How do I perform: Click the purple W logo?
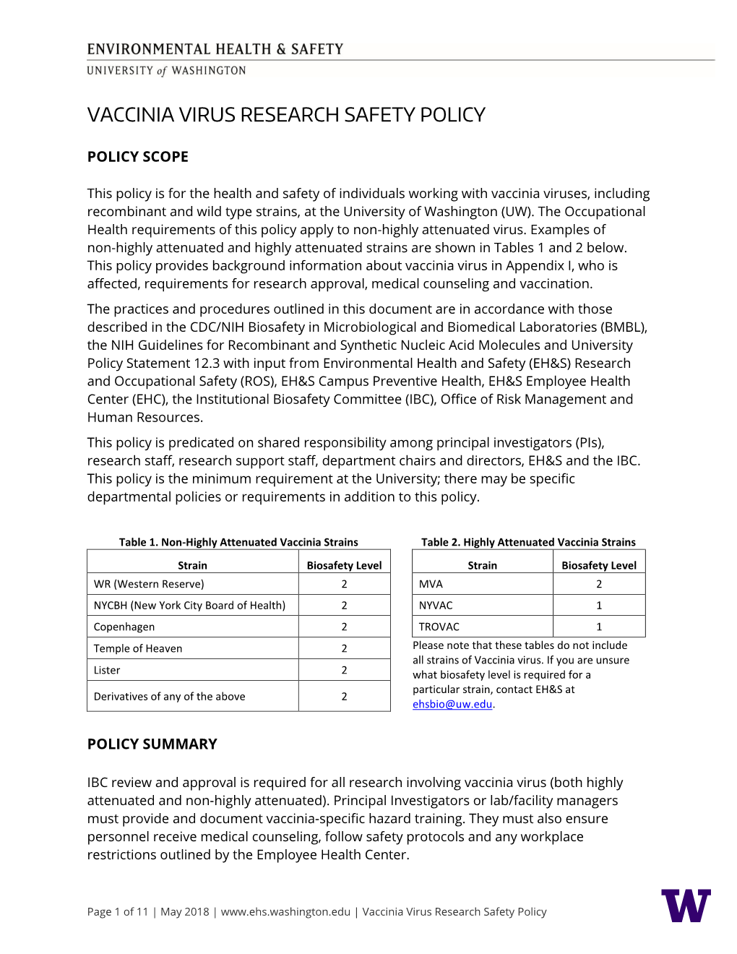click(x=686, y=905)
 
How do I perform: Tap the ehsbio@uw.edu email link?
click(x=452, y=704)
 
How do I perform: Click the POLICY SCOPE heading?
click(x=137, y=157)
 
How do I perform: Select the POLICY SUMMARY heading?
click(x=152, y=744)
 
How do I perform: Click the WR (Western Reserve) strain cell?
click(x=149, y=584)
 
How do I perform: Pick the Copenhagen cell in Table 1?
click(x=124, y=627)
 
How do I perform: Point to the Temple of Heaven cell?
click(x=138, y=648)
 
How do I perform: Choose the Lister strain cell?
click(x=107, y=670)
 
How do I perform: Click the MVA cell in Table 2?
click(x=431, y=584)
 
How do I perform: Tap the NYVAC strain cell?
click(x=436, y=605)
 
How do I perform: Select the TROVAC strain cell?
click(x=439, y=627)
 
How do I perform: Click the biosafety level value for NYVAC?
click(x=599, y=605)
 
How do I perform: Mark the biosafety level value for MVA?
click(x=599, y=584)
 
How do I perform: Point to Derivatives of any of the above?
click(x=169, y=696)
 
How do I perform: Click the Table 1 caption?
click(x=238, y=542)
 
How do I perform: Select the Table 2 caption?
click(x=528, y=542)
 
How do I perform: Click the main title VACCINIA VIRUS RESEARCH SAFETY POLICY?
click(x=286, y=115)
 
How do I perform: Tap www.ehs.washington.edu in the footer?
click(x=285, y=911)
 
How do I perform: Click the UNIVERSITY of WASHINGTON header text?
click(x=166, y=71)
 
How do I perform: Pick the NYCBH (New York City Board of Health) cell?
click(x=189, y=605)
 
